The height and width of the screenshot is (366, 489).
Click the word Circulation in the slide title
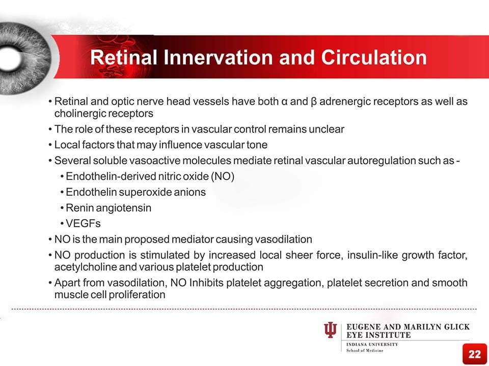coord(374,57)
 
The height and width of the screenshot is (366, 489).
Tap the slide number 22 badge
coord(474,354)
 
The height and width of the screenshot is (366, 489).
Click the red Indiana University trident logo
coord(331,330)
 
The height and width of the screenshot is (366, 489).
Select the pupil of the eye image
coord(10,58)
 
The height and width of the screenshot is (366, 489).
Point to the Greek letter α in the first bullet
coord(284,102)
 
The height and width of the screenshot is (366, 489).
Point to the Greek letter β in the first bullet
coord(314,102)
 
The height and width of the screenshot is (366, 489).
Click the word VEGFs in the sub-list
coord(83,224)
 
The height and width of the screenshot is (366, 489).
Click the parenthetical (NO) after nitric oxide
coord(223,176)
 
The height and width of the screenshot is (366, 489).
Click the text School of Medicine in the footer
coord(365,350)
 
